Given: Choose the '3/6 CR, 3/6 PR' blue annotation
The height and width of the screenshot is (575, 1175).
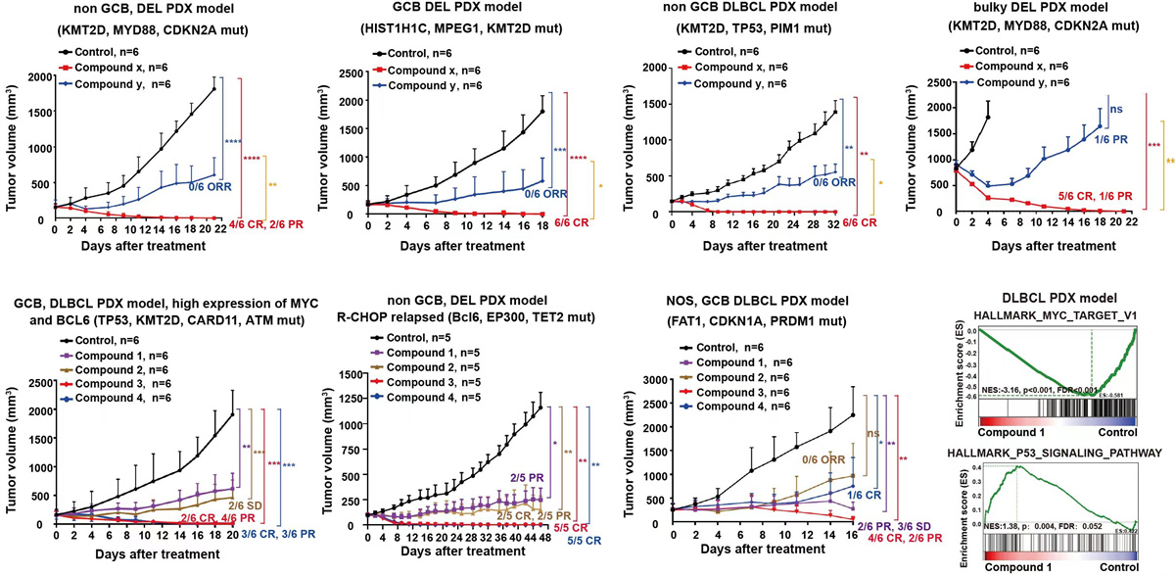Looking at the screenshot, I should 258,535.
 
